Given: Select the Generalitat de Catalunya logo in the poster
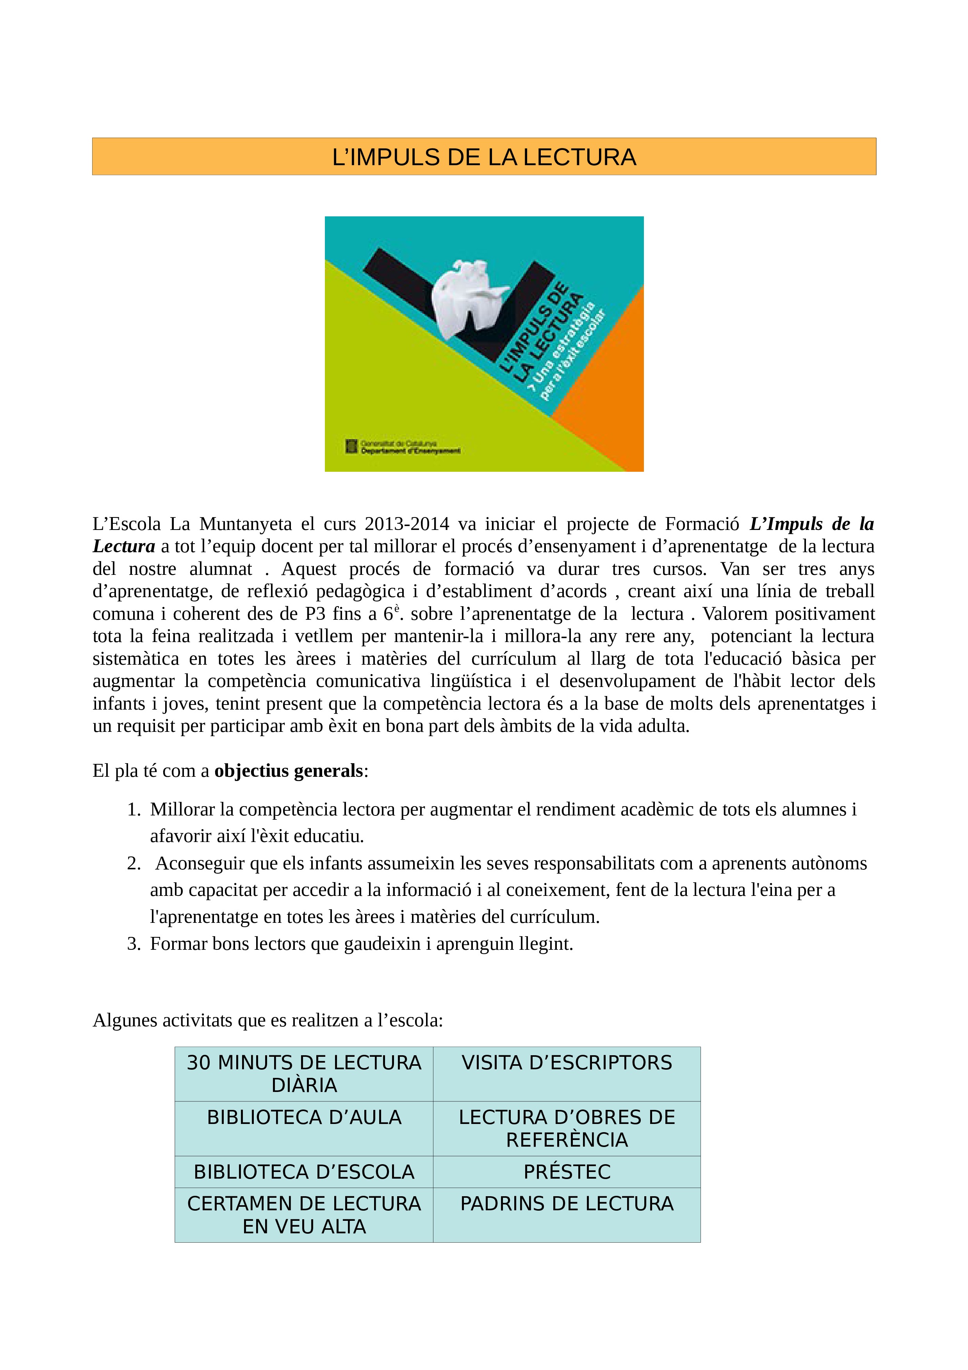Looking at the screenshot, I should click(x=352, y=446).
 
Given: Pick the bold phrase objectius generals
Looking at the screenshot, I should click(x=289, y=771).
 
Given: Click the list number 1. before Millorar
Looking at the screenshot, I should click(x=134, y=810).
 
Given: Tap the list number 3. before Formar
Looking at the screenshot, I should click(x=134, y=944).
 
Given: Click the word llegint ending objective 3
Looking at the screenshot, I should click(x=545, y=944).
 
